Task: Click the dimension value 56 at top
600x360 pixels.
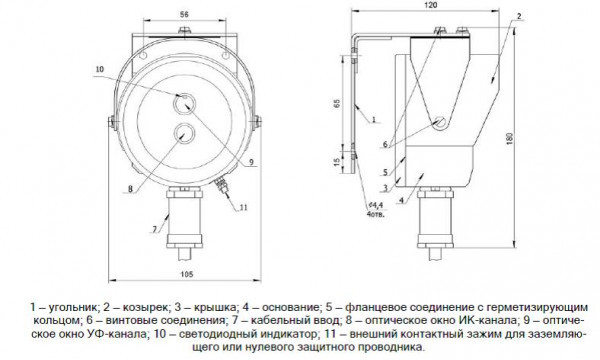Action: click(x=184, y=15)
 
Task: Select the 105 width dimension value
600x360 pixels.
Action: click(x=187, y=274)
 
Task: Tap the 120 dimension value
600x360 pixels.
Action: click(x=431, y=5)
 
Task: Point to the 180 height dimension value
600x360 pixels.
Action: click(x=509, y=138)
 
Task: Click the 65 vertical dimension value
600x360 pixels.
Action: click(x=337, y=103)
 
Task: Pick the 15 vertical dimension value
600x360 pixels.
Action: click(x=337, y=162)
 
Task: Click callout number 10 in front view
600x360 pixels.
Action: click(x=99, y=69)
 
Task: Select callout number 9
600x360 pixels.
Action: click(x=251, y=162)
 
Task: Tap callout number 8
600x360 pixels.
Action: click(x=130, y=189)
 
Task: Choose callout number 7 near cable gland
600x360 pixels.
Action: click(x=155, y=229)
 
